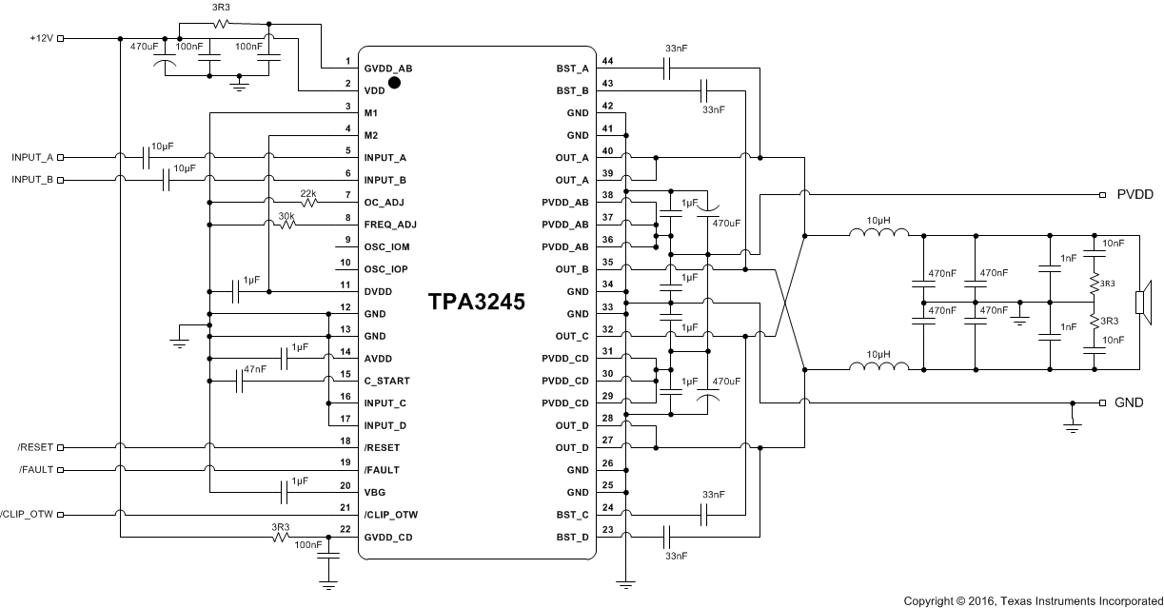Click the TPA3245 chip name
(475, 302)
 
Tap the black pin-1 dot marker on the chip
(394, 83)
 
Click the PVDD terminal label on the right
(1134, 194)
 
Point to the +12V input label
(41, 39)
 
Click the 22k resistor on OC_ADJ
(308, 203)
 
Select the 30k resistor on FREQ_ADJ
(286, 226)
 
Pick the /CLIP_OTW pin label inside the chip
(390, 515)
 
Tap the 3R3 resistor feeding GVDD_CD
(280, 538)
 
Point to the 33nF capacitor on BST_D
(666, 538)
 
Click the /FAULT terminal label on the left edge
(36, 470)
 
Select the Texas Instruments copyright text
(1032, 600)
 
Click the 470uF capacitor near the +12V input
(166, 64)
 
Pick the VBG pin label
(374, 493)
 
